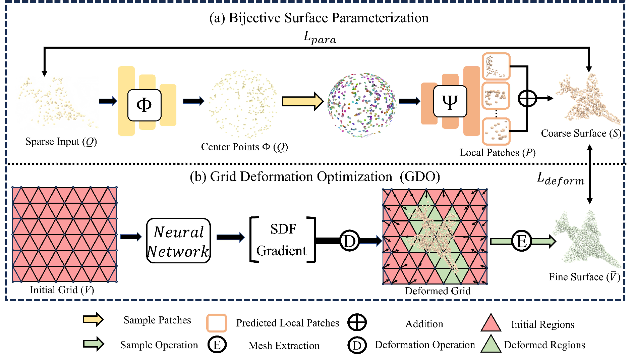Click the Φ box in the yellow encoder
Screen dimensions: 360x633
click(x=144, y=105)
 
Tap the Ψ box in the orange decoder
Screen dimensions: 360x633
click(x=450, y=101)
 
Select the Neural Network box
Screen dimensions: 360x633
click(x=178, y=241)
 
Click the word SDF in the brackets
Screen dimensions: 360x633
click(x=283, y=229)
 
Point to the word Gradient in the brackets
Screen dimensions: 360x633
click(x=281, y=251)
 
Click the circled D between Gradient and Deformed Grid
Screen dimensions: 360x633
click(x=349, y=241)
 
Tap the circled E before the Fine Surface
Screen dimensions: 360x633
click(x=521, y=241)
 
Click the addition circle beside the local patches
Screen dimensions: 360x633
click(x=527, y=99)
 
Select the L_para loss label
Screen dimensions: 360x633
click(x=320, y=38)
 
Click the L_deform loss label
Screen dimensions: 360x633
click(x=560, y=178)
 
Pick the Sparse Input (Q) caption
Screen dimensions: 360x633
click(x=61, y=142)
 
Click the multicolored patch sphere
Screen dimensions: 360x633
click(x=362, y=105)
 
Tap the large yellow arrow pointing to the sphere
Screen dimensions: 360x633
click(x=302, y=101)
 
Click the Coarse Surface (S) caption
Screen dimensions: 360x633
click(x=581, y=134)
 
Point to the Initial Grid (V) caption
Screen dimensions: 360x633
click(x=62, y=290)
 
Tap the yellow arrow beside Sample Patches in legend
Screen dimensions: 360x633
click(x=93, y=319)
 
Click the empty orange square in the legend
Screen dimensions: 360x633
click(x=216, y=323)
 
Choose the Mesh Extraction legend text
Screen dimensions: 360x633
click(x=284, y=346)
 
